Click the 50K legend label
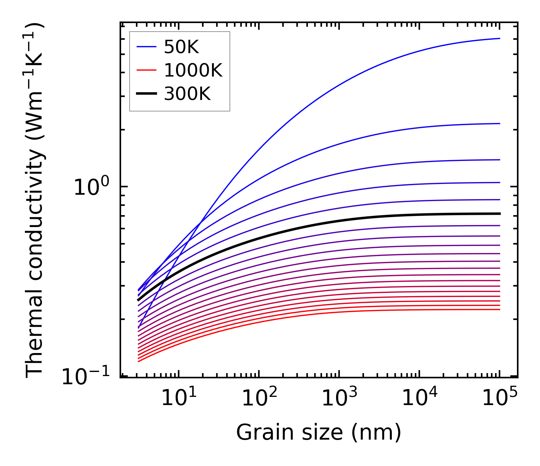(182, 47)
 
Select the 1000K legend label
(193, 71)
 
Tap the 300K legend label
(187, 94)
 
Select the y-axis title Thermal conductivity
(35, 201)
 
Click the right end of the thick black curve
(500, 214)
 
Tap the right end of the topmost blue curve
(500, 38)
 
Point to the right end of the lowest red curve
(500, 310)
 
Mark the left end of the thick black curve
(138, 300)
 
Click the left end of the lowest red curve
(138, 362)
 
